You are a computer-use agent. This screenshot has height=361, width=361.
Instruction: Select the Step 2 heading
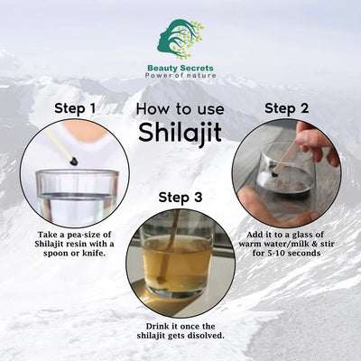(288, 108)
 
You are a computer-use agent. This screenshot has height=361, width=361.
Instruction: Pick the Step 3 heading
(181, 197)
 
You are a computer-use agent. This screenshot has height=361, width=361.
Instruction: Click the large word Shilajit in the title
(180, 131)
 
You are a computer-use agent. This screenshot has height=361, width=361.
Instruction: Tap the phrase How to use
(180, 108)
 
